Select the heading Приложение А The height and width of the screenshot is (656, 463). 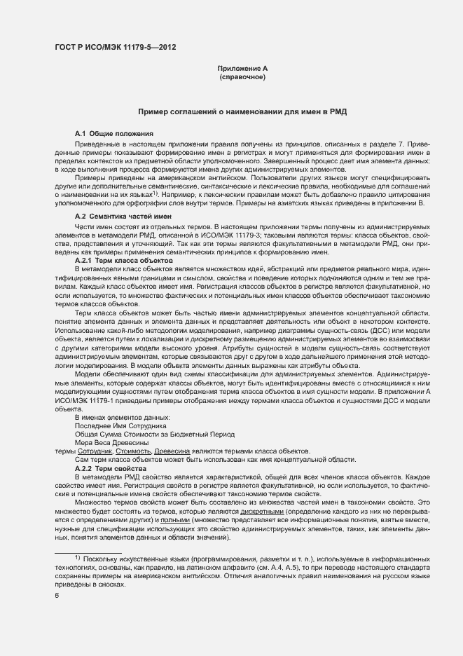coord(242,68)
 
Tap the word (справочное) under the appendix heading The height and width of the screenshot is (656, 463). coord(242,76)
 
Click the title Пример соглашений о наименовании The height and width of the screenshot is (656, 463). coord(242,111)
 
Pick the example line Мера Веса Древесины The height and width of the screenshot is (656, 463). coord(111,443)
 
